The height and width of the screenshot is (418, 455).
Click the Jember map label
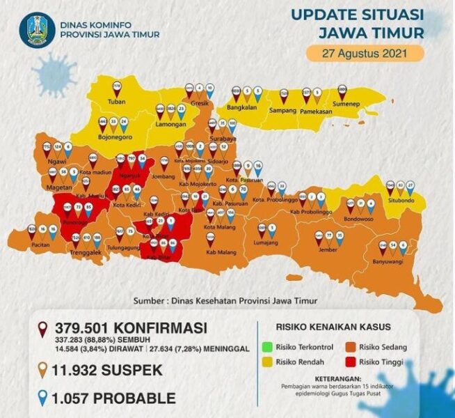pos(329,256)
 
